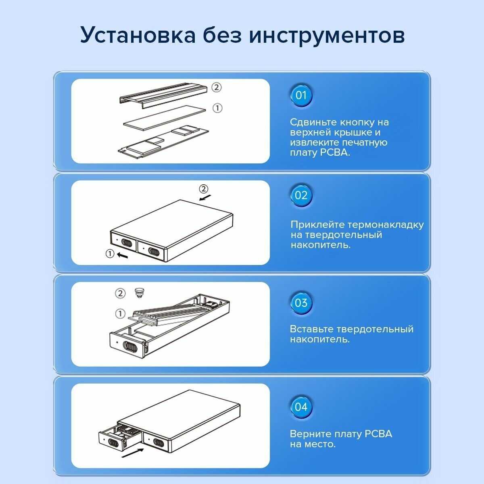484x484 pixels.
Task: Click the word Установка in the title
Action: (138, 35)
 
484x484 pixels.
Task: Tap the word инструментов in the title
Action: (327, 35)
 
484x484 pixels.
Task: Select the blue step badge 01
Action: (301, 96)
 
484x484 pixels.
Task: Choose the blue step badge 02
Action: (301, 195)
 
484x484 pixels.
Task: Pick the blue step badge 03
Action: (301, 303)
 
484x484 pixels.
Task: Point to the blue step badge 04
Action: (301, 407)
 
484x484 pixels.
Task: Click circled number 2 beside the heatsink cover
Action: (216, 88)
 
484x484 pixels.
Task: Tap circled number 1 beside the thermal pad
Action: (217, 108)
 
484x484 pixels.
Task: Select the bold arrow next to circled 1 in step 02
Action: (122, 255)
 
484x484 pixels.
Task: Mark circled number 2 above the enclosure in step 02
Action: (203, 189)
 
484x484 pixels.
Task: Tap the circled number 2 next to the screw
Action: (120, 293)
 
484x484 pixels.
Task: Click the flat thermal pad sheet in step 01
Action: (165, 118)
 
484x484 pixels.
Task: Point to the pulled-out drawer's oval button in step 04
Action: (113, 443)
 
